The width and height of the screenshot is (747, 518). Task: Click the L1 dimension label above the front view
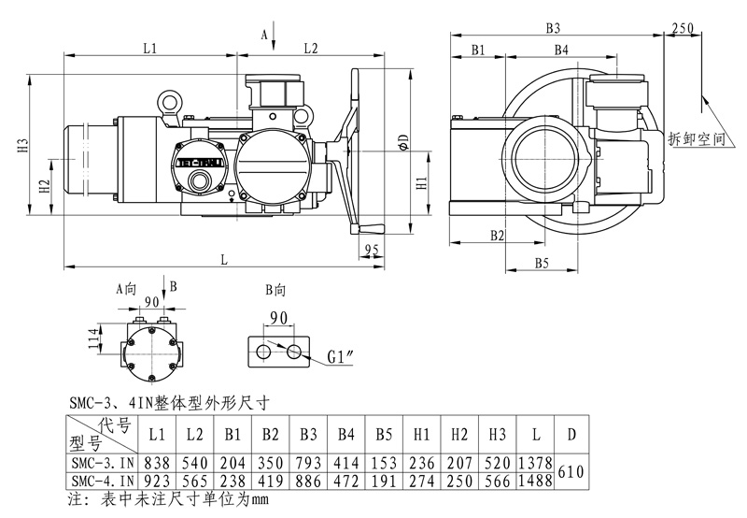(x=149, y=47)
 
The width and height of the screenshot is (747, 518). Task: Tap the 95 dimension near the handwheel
(x=372, y=249)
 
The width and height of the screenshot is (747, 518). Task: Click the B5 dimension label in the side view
(x=542, y=265)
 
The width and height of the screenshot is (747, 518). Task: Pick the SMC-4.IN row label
(x=100, y=481)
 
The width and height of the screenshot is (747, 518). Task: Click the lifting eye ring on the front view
(x=169, y=99)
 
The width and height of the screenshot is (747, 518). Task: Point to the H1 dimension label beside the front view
(x=421, y=183)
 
